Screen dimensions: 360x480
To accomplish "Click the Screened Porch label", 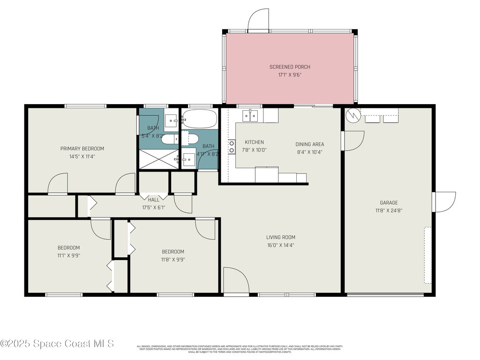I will [290, 67].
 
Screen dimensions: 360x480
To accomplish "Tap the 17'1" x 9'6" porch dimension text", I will [290, 75].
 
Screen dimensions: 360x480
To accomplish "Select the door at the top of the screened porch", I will [258, 21].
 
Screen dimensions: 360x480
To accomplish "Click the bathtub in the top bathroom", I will [200, 119].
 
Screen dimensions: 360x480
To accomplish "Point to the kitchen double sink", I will [250, 115].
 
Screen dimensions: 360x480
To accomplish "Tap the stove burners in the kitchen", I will [231, 147].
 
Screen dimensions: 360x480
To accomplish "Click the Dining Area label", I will [309, 144].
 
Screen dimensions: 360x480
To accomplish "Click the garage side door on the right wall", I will [444, 202].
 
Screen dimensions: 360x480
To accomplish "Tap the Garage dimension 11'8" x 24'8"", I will [389, 210].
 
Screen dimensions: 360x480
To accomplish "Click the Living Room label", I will [281, 237].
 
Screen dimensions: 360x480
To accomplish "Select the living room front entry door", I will [236, 281].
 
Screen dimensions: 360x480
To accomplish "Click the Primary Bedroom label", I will [82, 149].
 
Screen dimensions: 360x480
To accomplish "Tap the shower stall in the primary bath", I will [158, 159].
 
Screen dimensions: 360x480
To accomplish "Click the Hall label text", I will [154, 200].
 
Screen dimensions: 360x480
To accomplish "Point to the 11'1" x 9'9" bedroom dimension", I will [68, 255].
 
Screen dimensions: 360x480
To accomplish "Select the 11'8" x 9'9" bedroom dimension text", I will [172, 259].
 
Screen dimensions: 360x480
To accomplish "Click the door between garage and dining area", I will [352, 141].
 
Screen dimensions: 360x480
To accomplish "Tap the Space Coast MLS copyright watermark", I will [57, 344].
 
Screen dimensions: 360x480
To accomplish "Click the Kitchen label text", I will [254, 142].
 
